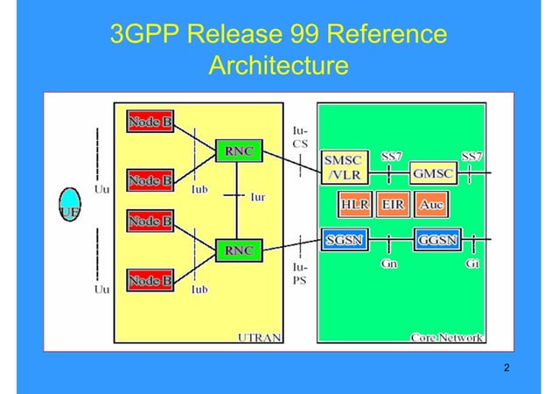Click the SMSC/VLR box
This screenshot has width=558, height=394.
pos(345,167)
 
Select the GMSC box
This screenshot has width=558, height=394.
pos(434,173)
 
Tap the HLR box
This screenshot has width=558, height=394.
pos(355,206)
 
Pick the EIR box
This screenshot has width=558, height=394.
pos(393,206)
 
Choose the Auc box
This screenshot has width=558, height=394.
pos(429,206)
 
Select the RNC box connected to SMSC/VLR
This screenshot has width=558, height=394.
pos(239,151)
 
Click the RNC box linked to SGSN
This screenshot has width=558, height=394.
pos(239,250)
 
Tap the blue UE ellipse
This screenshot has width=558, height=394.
pos(69,206)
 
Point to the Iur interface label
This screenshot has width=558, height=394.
pos(258,198)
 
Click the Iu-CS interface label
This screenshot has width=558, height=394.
pos(299,136)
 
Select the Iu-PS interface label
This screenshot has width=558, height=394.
pos(299,274)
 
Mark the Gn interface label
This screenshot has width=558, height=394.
pos(389,264)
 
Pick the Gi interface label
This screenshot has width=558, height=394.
pos(471,264)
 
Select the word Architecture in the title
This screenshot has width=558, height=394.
pos(279,66)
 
